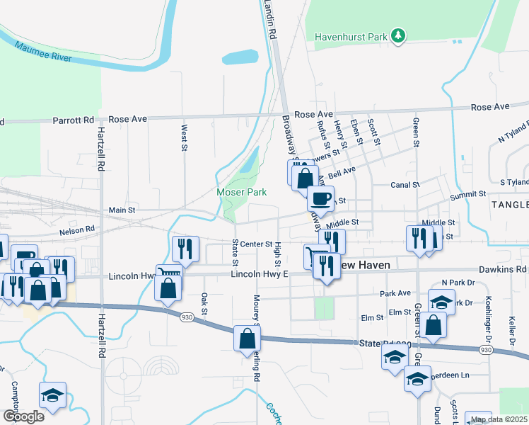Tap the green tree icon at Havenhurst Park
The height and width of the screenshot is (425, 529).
[x=399, y=35]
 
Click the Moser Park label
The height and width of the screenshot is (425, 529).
[x=236, y=192]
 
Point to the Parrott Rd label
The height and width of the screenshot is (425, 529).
[x=74, y=120]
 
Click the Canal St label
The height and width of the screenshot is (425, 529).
[x=405, y=185]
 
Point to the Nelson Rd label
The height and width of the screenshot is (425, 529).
[x=77, y=229]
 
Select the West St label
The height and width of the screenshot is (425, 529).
[x=184, y=138]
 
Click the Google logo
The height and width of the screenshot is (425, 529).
[x=23, y=416]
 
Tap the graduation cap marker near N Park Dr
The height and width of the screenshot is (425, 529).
[x=441, y=301]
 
